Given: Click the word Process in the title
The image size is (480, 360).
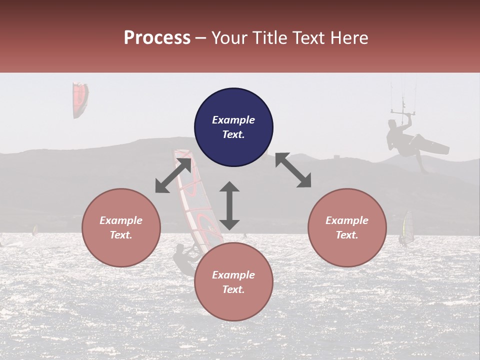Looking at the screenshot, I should (157, 38).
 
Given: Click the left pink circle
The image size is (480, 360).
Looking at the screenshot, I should (121, 227).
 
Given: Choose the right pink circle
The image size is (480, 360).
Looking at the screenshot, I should (347, 227).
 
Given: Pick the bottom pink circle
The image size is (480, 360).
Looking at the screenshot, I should (233, 282).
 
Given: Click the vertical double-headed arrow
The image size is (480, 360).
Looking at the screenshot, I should (229, 205).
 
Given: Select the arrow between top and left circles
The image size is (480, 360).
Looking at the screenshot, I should (173, 175).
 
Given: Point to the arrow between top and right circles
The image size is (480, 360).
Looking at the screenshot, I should (293, 170).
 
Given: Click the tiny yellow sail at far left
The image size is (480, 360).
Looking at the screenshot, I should (35, 230).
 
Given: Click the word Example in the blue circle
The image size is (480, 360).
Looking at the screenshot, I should (233, 120).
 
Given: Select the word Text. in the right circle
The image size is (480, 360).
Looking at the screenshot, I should (347, 235).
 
